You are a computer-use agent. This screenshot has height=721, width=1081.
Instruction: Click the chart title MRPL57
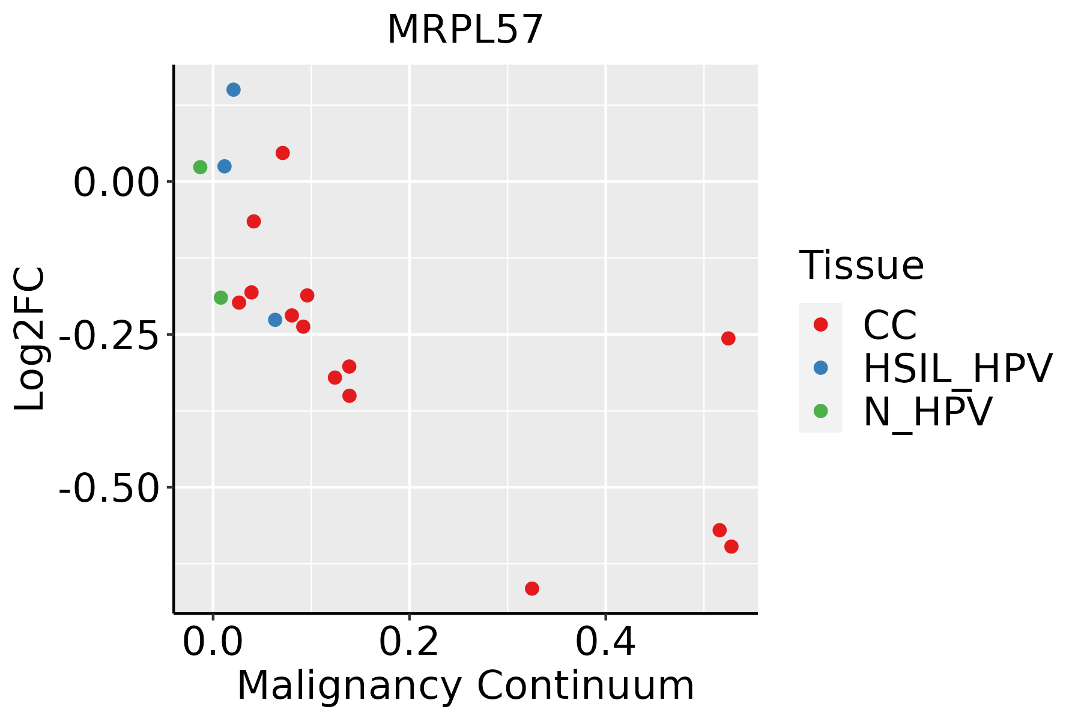(x=465, y=30)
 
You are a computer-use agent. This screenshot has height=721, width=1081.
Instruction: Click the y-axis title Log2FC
(x=30, y=339)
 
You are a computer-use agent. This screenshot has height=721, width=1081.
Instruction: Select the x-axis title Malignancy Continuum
(x=465, y=686)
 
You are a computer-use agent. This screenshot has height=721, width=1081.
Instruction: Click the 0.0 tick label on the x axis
(x=213, y=643)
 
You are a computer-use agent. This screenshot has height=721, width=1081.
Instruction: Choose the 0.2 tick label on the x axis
(x=409, y=643)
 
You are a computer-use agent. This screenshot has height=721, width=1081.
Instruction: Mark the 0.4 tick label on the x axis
(x=605, y=643)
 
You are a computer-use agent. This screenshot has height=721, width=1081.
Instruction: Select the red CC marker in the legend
(x=820, y=324)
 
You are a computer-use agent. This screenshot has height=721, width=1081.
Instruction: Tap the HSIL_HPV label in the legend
(x=957, y=368)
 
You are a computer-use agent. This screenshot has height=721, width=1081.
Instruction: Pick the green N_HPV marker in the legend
(x=820, y=411)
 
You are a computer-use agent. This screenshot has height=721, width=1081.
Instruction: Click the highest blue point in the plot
(x=234, y=90)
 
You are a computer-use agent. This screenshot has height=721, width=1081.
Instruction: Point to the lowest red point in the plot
(x=531, y=588)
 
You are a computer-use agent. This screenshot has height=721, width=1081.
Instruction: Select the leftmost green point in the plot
(x=200, y=167)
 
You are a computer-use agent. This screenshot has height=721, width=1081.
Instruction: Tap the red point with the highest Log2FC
(x=283, y=153)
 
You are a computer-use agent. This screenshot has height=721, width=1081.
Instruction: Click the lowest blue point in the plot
(x=275, y=320)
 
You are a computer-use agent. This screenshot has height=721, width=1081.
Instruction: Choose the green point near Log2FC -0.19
(x=221, y=297)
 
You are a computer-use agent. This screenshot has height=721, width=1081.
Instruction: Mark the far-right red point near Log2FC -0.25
(x=728, y=338)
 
